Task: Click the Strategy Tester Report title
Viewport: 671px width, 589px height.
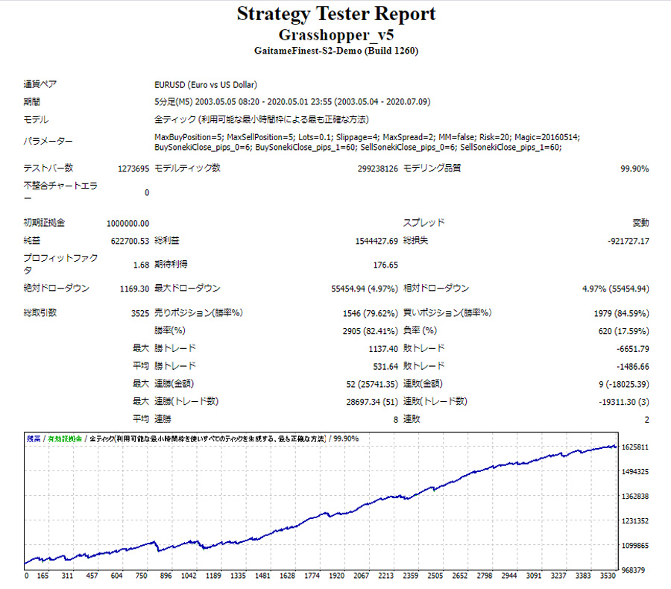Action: tap(335, 14)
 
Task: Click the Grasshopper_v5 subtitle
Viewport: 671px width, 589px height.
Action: tap(335, 35)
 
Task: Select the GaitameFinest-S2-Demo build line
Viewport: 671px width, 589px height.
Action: tap(335, 51)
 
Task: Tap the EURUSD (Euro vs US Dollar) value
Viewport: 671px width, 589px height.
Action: tap(206, 85)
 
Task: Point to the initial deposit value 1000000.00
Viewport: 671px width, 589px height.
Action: tap(127, 222)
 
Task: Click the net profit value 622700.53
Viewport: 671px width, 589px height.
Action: tap(130, 241)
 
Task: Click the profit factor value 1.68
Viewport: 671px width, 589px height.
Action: tap(140, 265)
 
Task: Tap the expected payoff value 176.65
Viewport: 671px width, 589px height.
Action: tap(385, 265)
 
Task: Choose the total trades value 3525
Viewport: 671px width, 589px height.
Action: tap(139, 313)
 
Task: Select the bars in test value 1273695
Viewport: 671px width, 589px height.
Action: tap(133, 168)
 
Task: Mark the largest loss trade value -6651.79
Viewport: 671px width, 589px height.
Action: tap(630, 348)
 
